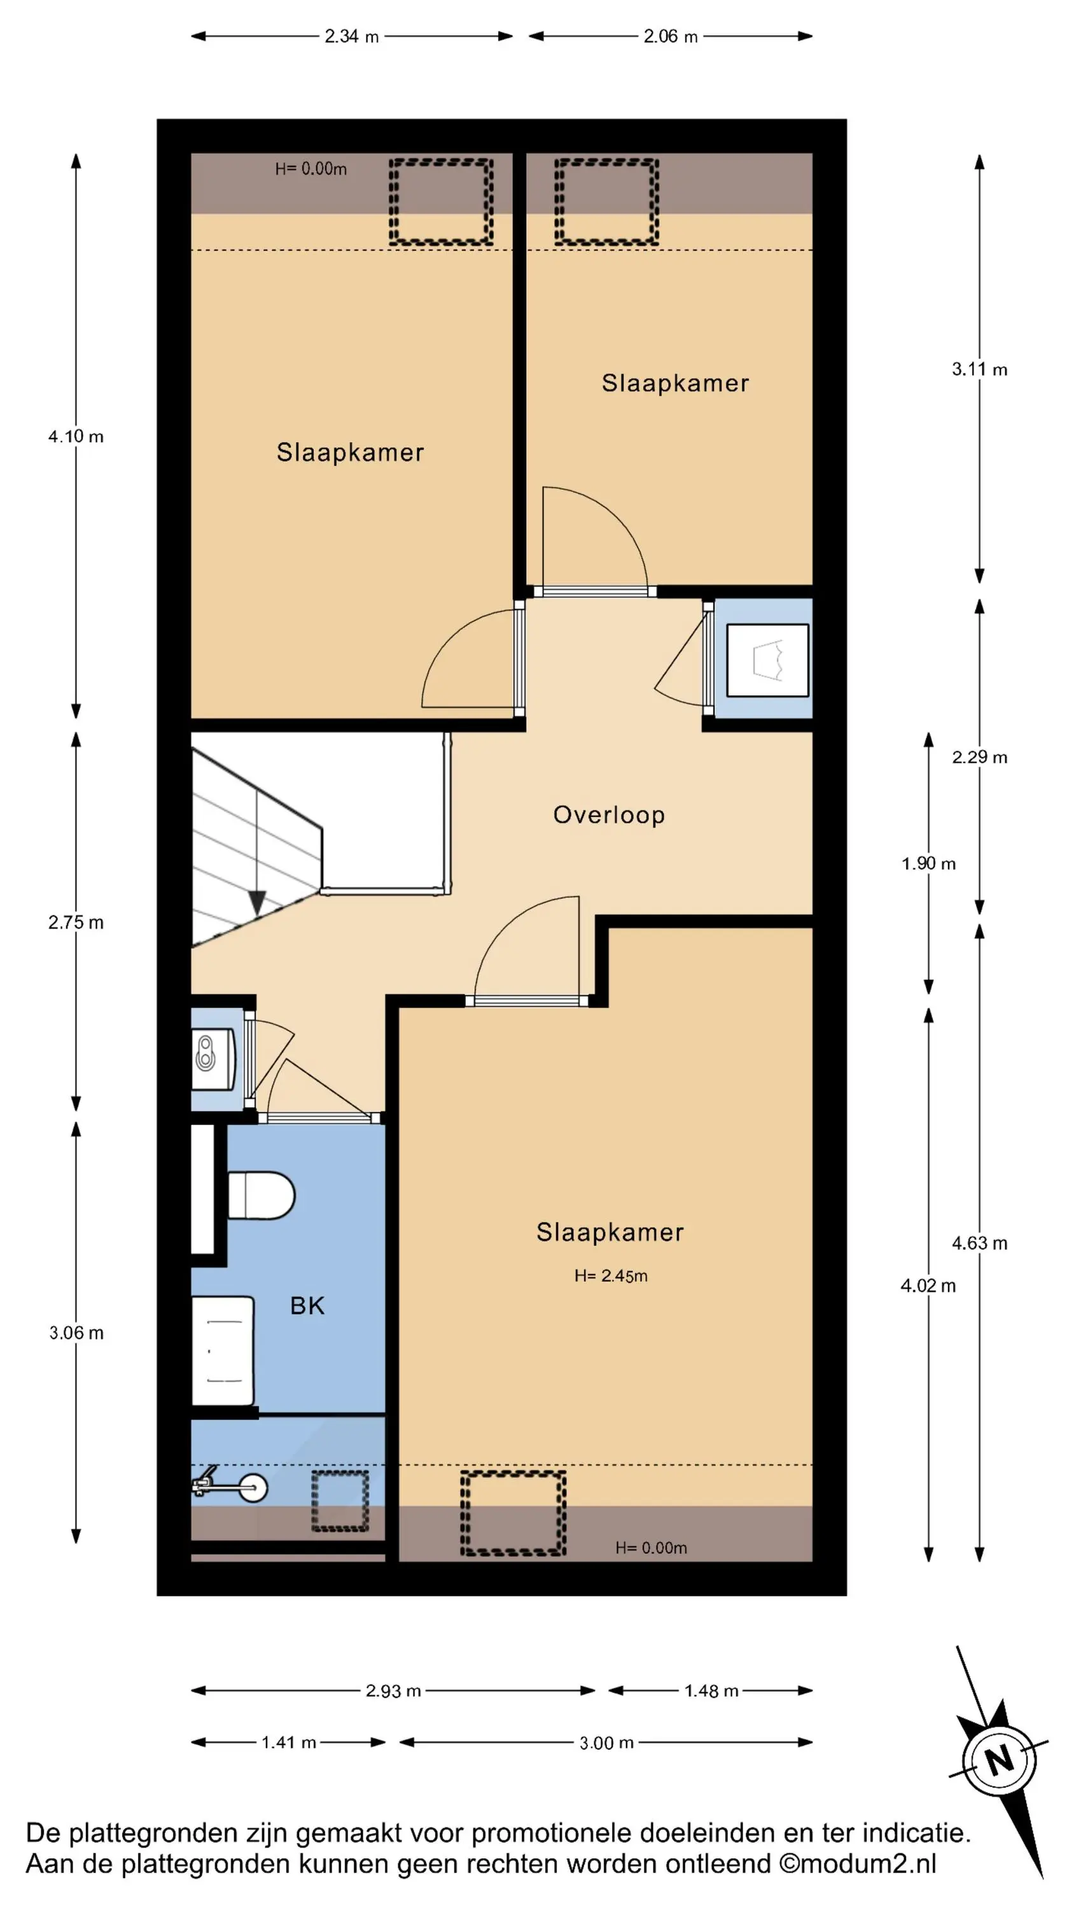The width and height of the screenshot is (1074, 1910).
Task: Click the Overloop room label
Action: point(608,815)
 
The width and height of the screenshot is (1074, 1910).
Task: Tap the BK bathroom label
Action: point(307,1306)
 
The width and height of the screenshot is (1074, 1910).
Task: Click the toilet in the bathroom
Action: point(261,1194)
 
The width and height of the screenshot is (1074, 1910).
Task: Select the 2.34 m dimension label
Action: point(351,36)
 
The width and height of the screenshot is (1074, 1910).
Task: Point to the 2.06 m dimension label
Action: point(670,36)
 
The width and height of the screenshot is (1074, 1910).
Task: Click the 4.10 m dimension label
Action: point(76,436)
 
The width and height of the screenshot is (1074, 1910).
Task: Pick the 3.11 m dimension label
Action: point(979,369)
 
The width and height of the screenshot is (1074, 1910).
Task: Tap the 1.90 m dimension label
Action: point(928,863)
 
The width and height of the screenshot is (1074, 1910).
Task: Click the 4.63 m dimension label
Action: point(979,1243)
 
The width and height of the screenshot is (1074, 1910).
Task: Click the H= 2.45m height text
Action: point(611,1275)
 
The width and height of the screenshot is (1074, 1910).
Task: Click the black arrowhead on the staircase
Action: point(256,902)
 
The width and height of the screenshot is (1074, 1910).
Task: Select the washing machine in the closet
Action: point(767,660)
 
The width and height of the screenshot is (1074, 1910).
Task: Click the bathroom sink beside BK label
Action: point(222,1350)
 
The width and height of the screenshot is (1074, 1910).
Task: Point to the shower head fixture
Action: point(229,1487)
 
